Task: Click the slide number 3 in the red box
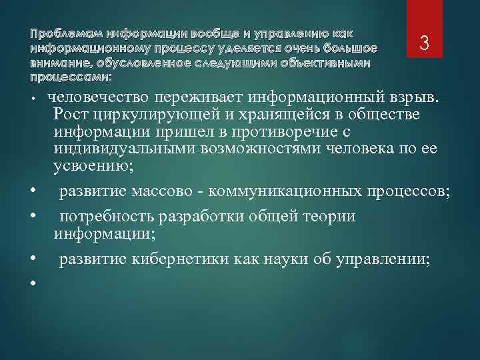423,44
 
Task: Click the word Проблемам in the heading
58,33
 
